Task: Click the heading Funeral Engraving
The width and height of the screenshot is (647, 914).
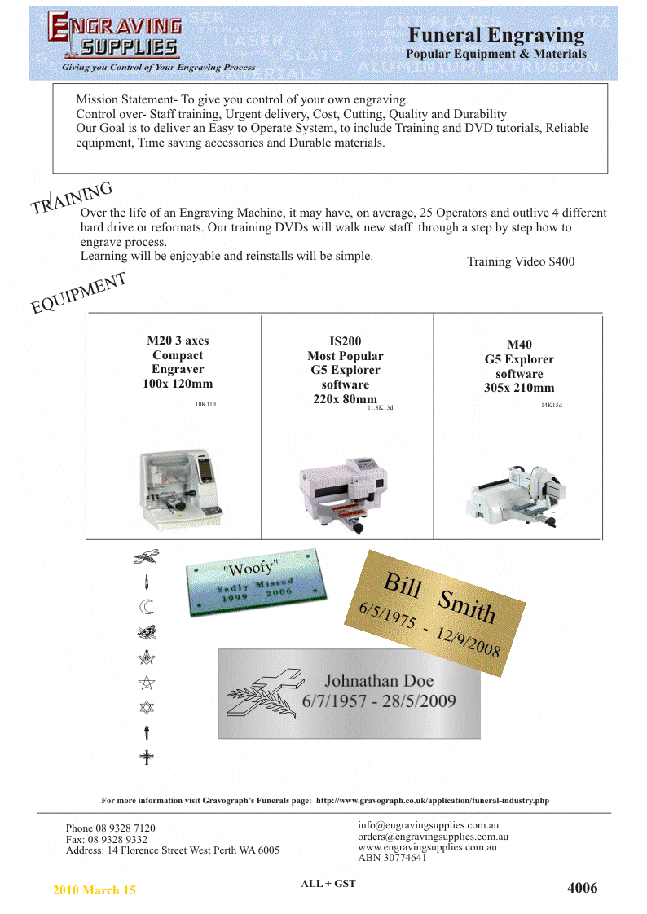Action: coord(496,35)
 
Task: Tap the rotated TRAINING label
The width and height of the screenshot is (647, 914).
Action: coord(72,199)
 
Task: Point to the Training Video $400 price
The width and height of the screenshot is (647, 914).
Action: coord(521,261)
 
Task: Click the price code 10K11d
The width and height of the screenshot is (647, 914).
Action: coord(205,404)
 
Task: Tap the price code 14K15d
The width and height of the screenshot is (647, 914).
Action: coord(552,405)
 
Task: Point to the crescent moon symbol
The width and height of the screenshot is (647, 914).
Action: coord(146,606)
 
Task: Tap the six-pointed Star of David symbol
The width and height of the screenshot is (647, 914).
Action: coord(147,706)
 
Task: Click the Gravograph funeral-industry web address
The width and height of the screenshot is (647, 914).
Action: coord(433,800)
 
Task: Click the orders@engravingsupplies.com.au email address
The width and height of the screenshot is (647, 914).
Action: coord(434,836)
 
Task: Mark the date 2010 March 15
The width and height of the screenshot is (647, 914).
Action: coord(95,890)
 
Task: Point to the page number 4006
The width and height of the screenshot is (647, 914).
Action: coord(582,888)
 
